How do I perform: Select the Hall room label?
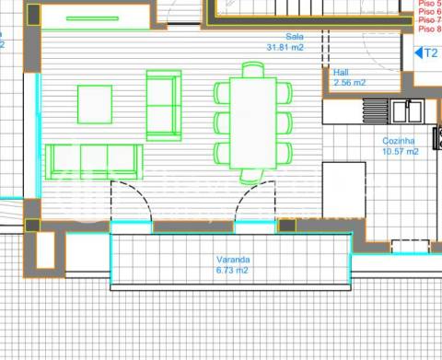pos(342,72)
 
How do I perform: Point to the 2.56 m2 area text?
pos(348,82)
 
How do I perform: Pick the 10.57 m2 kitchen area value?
pos(401,151)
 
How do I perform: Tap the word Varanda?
pos(227,261)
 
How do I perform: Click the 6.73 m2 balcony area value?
pos(227,272)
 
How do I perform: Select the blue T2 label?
pos(430,52)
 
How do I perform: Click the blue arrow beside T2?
pos(419,52)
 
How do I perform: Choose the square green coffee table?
pos(95,104)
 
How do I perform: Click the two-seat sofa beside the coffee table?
pos(164,104)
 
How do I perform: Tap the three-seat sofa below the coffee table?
pos(94,161)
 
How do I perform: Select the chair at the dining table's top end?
pos(252,70)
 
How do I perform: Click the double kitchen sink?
pos(406,111)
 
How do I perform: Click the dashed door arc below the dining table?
pos(257,201)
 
